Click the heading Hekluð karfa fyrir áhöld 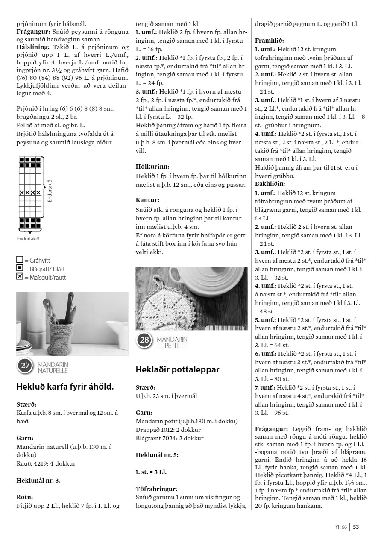click(65, 387)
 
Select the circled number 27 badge click(25, 366)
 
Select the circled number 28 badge click(144, 340)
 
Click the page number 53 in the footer click(356, 527)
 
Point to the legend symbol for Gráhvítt click(19, 260)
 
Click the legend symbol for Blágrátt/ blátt click(19, 269)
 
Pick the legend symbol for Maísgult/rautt click(19, 277)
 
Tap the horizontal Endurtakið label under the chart click(28, 239)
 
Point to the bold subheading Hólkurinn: click(152, 167)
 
